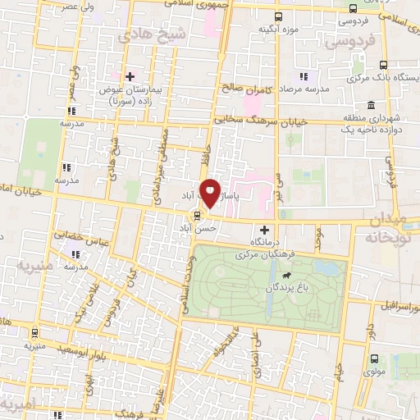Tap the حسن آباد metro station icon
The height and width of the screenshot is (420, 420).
click(x=195, y=217)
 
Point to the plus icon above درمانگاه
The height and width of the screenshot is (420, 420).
click(x=263, y=231)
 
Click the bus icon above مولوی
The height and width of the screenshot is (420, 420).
click(x=374, y=359)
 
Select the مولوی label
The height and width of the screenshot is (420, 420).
click(x=374, y=374)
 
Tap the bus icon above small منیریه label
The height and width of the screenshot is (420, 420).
click(x=34, y=333)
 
